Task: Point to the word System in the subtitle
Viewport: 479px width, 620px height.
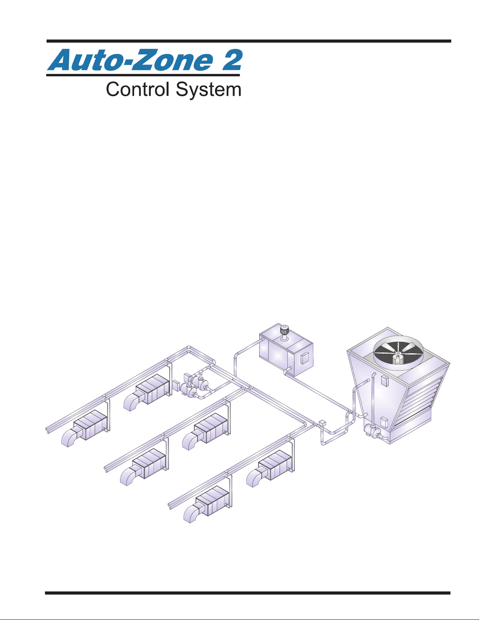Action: tap(208, 90)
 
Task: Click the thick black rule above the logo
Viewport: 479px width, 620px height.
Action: tap(249, 41)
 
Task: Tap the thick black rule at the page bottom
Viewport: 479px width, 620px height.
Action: tap(248, 593)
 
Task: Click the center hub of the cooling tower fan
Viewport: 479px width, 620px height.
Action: tap(397, 354)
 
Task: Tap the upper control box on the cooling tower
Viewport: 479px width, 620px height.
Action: tap(384, 381)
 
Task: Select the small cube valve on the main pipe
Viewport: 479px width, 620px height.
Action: tap(322, 423)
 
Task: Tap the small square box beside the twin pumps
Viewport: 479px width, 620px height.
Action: tap(176, 387)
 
